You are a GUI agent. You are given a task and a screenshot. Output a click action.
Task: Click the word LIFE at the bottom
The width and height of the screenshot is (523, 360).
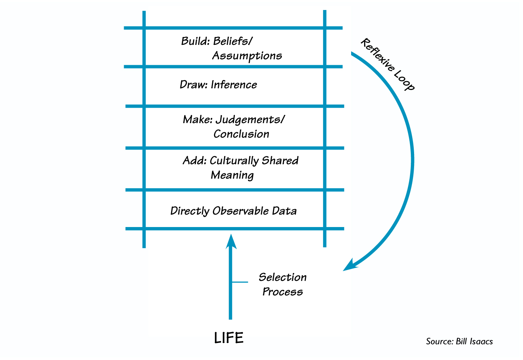click(229, 338)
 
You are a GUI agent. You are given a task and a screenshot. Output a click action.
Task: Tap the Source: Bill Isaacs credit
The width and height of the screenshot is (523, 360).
click(459, 341)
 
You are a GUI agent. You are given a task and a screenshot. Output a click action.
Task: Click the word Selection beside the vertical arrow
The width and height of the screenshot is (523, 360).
click(283, 277)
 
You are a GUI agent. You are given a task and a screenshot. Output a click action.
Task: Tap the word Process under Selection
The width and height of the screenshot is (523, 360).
click(283, 292)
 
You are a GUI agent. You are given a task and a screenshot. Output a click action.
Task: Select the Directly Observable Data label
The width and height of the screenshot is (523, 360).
click(233, 211)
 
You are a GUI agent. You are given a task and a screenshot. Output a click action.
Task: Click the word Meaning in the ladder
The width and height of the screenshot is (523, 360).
click(232, 175)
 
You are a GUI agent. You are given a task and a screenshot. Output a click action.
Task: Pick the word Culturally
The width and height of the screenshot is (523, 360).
click(234, 161)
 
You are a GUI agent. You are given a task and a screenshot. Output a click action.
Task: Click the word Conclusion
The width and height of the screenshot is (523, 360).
click(241, 134)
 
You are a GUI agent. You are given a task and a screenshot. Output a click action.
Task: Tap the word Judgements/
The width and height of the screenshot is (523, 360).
click(250, 120)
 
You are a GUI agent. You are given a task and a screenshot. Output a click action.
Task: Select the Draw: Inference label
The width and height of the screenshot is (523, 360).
click(218, 85)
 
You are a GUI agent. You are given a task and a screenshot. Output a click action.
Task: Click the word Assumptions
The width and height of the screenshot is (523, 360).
click(247, 56)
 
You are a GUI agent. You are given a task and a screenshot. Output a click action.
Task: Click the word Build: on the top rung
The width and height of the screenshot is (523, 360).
click(195, 41)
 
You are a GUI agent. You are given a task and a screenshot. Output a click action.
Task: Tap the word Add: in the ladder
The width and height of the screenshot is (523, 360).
click(194, 161)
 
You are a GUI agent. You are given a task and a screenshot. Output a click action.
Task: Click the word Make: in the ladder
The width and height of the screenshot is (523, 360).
click(197, 120)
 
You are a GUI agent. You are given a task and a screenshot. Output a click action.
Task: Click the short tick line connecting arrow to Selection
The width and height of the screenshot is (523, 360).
click(240, 282)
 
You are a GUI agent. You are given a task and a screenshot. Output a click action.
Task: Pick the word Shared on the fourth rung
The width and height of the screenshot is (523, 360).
click(280, 161)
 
